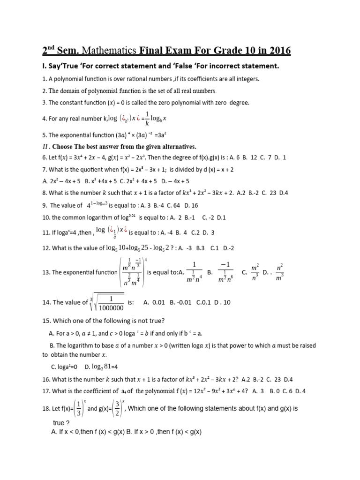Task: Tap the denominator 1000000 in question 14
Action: [111, 308]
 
